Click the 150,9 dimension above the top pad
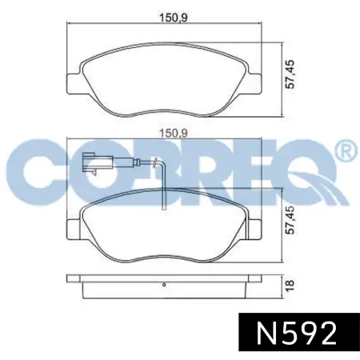click(174, 18)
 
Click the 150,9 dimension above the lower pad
click(174, 133)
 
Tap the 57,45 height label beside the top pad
click(290, 74)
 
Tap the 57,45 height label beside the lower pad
click(290, 220)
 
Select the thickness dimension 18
click(290, 285)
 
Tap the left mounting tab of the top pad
click(73, 84)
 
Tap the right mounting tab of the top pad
click(254, 84)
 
